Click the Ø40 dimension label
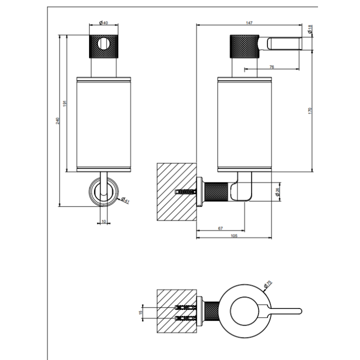point(104,23)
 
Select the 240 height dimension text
point(58,121)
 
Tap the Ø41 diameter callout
point(124,200)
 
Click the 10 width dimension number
point(104,220)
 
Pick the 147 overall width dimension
point(249,23)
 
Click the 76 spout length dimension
point(271,66)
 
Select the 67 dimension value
point(220,228)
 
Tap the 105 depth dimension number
point(234,236)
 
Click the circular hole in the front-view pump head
point(104,44)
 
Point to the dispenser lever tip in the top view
point(298,312)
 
